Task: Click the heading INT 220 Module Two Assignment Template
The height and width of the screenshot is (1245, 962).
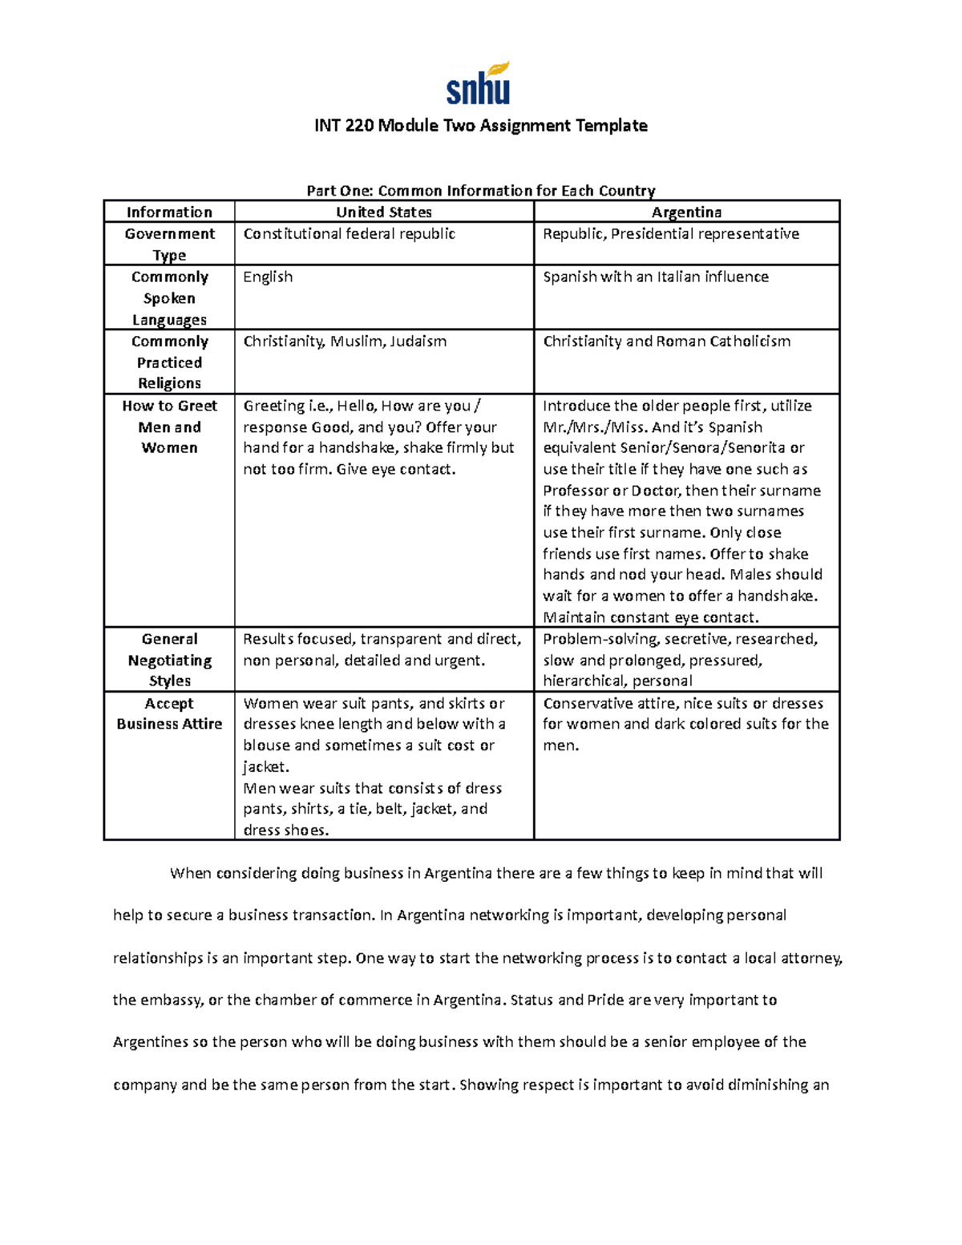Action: [480, 126]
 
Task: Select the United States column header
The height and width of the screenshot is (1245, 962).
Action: [383, 212]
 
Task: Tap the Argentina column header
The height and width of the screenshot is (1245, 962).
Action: [686, 212]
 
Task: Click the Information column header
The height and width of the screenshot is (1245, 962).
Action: [169, 212]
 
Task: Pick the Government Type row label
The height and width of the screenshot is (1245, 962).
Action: [169, 244]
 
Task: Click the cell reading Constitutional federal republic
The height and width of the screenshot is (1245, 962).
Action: [349, 234]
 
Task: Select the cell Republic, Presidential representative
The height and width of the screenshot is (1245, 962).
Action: [670, 234]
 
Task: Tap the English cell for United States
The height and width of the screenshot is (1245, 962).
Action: [268, 277]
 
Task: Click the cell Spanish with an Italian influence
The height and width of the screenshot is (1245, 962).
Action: [655, 277]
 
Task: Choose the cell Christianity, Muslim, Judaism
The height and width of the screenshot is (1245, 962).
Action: [345, 342]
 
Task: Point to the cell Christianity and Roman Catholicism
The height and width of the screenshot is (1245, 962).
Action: [666, 342]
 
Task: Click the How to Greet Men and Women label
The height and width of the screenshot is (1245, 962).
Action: [169, 426]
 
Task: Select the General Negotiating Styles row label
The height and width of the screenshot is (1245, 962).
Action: [169, 660]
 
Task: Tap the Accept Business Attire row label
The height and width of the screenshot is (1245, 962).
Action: [169, 713]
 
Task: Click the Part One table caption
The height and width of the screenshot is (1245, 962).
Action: [480, 191]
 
